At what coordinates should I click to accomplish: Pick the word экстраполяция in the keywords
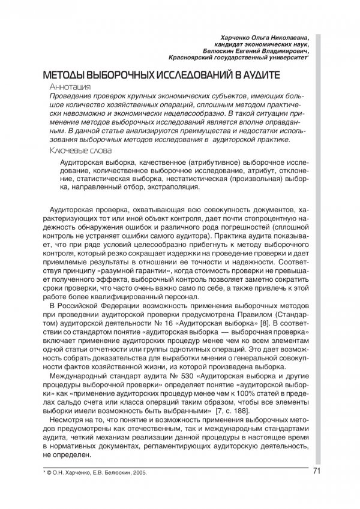point(170,187)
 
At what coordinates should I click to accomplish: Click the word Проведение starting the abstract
point(74,97)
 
